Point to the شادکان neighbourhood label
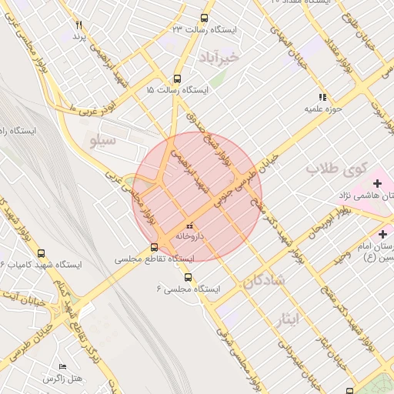pyautogui.click(x=264, y=281)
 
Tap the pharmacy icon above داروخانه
pyautogui.click(x=189, y=225)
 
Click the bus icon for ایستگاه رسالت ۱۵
pyautogui.click(x=177, y=78)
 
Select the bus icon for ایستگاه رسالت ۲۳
pyautogui.click(x=204, y=18)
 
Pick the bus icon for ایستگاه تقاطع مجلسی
pyautogui.click(x=155, y=248)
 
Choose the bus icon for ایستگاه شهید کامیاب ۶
pyautogui.click(x=41, y=253)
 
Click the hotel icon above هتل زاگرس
pyautogui.click(x=63, y=367)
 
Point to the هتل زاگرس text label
pyautogui.click(x=63, y=379)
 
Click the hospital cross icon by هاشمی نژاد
pyautogui.click(x=377, y=183)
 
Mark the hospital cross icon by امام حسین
pyautogui.click(x=382, y=233)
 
